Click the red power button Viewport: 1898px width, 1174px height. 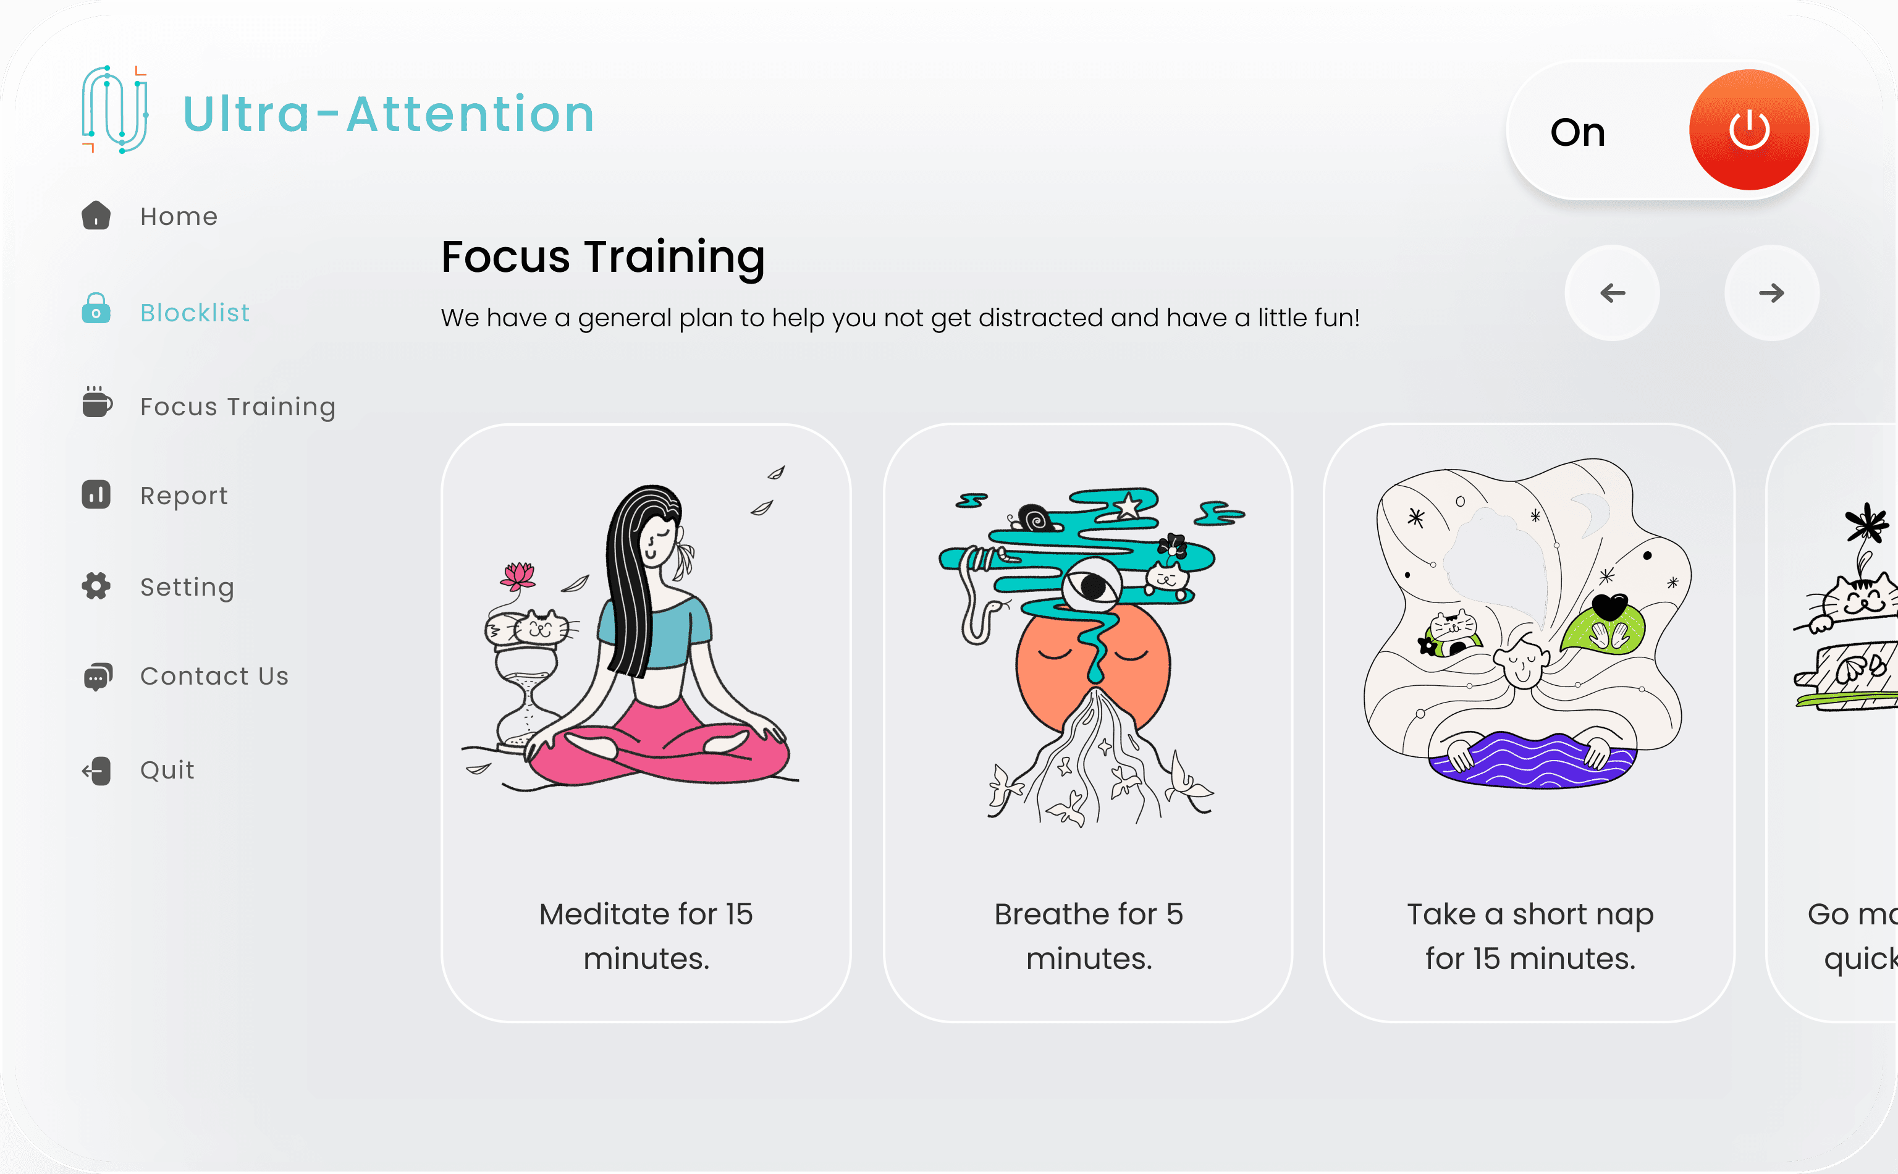coord(1748,130)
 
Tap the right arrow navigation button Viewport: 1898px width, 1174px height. coord(1771,293)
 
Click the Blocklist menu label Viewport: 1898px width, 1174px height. coord(195,312)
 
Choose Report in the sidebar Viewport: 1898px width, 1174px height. coord(184,496)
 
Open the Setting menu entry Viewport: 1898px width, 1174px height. coord(187,586)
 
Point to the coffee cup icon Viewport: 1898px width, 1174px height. coord(97,402)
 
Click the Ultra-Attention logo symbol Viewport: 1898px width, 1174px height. coord(115,109)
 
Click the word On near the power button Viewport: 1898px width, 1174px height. coord(1577,132)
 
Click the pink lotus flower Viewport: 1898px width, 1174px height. coord(518,575)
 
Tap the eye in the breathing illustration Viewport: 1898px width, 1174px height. coord(1092,585)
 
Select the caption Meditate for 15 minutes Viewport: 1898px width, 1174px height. coord(646,935)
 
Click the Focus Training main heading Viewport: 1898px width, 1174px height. coord(602,256)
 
